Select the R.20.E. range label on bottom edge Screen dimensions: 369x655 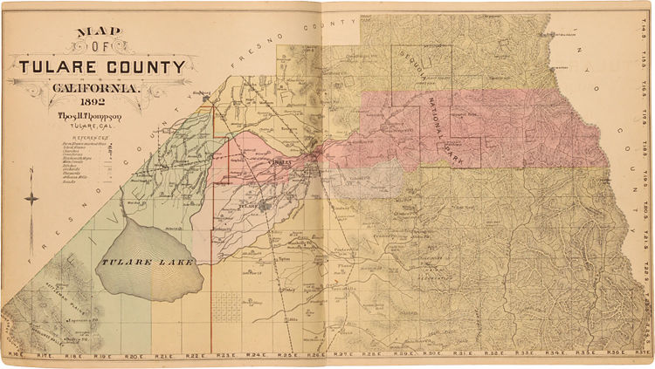133,356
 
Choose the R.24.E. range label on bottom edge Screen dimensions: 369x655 255,356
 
